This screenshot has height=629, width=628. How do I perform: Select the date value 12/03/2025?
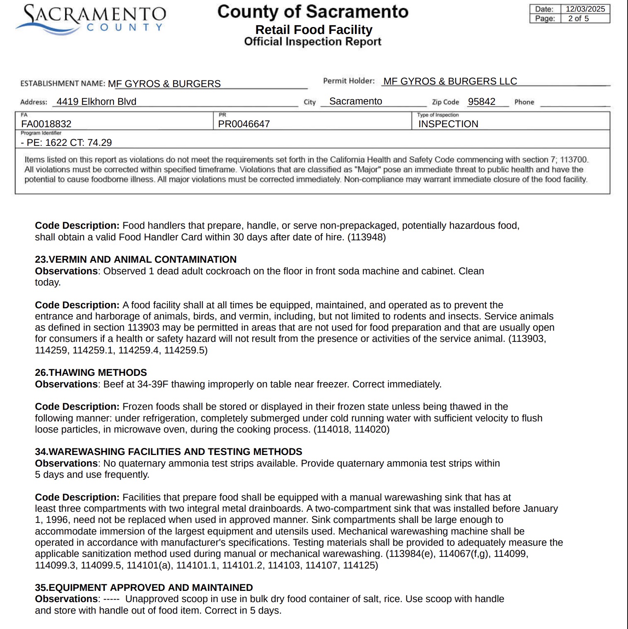pyautogui.click(x=585, y=9)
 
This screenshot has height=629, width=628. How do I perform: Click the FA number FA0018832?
pyautogui.click(x=46, y=124)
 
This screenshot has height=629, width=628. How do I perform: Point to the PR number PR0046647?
pyautogui.click(x=244, y=124)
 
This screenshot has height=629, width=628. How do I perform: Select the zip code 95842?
pyautogui.click(x=481, y=102)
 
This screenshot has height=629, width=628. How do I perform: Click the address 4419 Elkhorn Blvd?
pyautogui.click(x=96, y=102)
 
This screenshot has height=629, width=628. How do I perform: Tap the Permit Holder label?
pyautogui.click(x=348, y=81)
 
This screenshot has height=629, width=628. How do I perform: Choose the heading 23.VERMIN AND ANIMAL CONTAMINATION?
pyautogui.click(x=135, y=259)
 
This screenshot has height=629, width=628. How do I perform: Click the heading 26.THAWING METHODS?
pyautogui.click(x=91, y=373)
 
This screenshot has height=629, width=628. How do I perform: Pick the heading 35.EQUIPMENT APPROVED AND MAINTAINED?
pyautogui.click(x=144, y=588)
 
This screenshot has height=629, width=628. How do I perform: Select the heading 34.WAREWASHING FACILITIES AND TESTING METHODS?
pyautogui.click(x=168, y=452)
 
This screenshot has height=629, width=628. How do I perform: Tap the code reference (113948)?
pyautogui.click(x=367, y=237)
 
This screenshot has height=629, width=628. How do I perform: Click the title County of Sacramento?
pyautogui.click(x=313, y=12)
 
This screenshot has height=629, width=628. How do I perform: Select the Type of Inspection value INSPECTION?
pyautogui.click(x=448, y=124)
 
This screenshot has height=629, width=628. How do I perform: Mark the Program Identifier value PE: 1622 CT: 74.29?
pyautogui.click(x=69, y=143)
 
